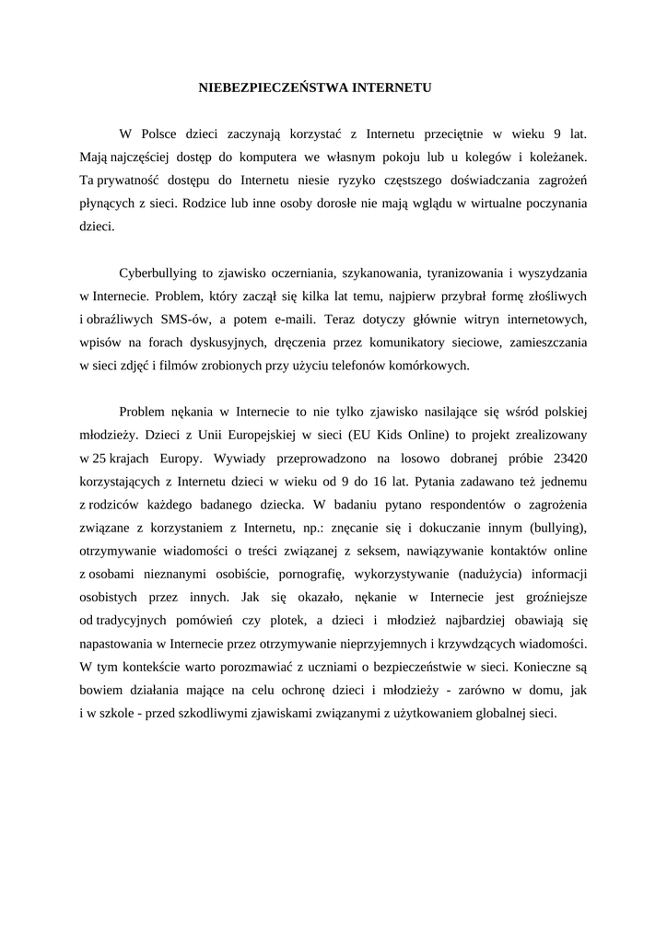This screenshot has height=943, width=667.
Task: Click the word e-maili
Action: pos(290,320)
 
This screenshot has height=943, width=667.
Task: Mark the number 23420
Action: pos(568,457)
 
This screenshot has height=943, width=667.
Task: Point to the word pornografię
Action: pos(306,574)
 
